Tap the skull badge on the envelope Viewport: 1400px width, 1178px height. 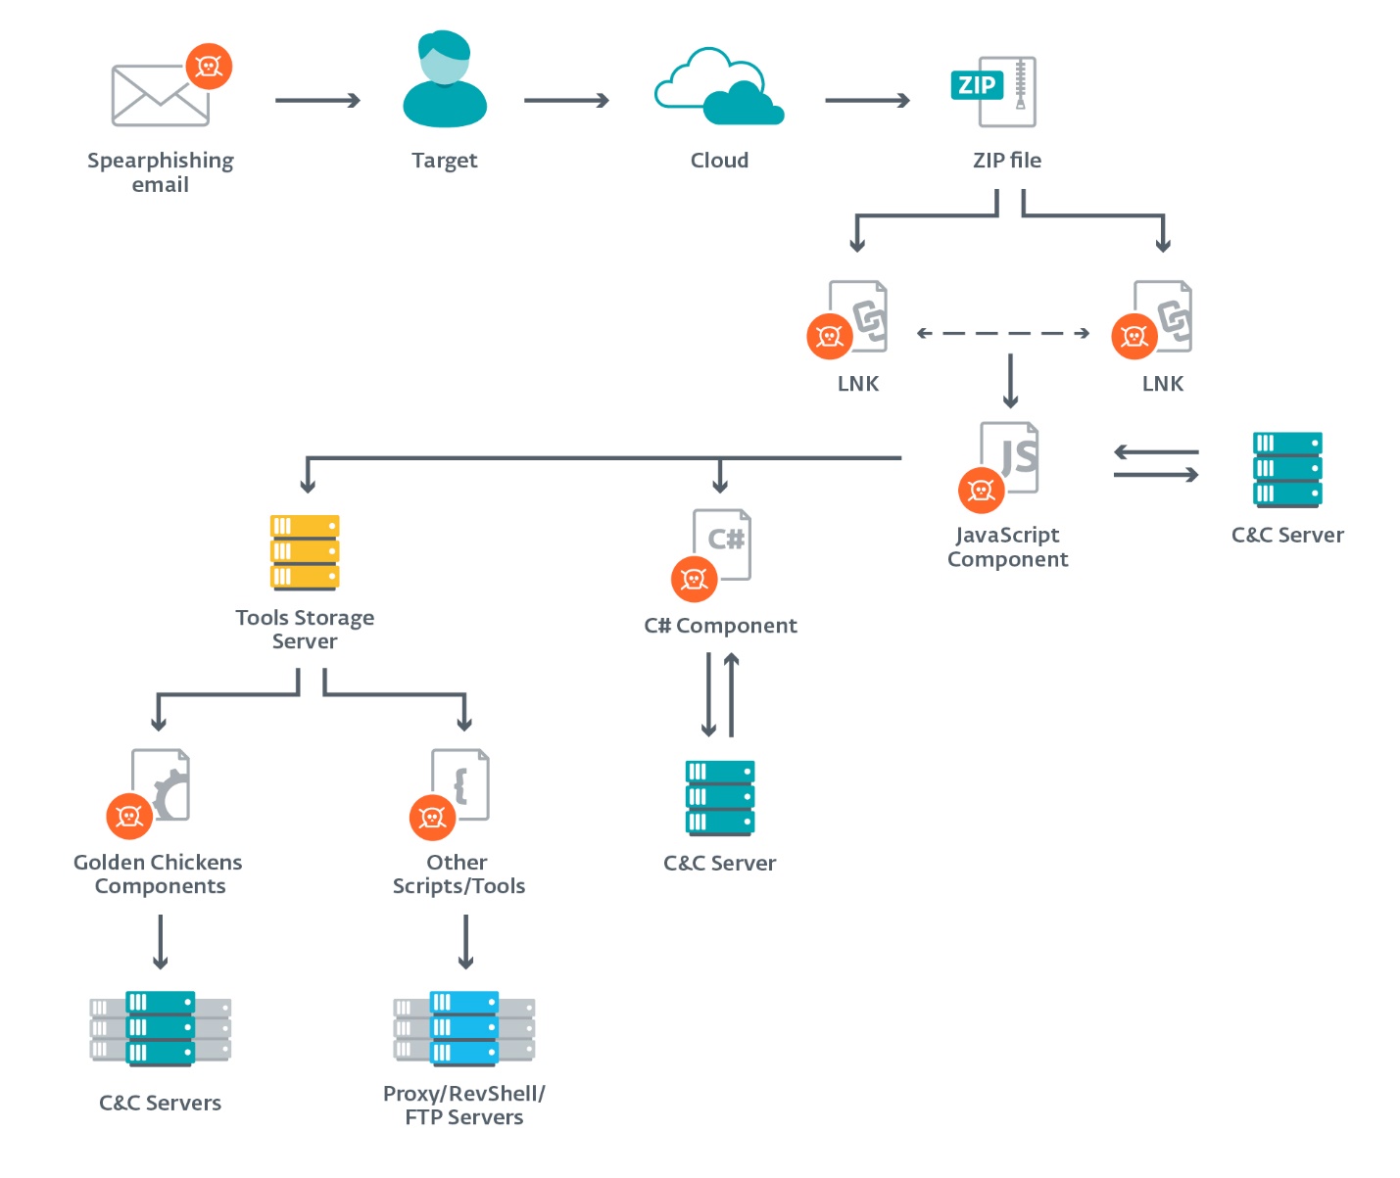[x=209, y=67]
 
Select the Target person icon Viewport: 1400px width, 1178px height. [x=445, y=79]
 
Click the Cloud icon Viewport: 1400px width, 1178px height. [x=719, y=87]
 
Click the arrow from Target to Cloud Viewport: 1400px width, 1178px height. [x=566, y=100]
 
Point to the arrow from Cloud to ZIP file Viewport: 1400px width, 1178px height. [x=867, y=100]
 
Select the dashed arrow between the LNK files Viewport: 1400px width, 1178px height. [x=1003, y=333]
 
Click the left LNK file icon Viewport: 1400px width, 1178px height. [x=858, y=317]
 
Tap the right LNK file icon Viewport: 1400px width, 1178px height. [x=1162, y=317]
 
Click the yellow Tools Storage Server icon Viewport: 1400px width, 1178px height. [x=305, y=552]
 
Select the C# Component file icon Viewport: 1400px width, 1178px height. [x=721, y=547]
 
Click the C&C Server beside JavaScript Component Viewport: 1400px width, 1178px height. [x=1287, y=470]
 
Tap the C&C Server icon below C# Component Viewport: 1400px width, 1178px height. [x=720, y=798]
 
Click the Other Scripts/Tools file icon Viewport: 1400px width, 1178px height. [x=459, y=787]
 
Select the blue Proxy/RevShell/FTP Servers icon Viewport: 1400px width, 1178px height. [x=464, y=1028]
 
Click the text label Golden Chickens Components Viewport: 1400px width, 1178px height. [x=159, y=874]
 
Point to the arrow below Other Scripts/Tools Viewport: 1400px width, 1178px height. [x=465, y=941]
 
